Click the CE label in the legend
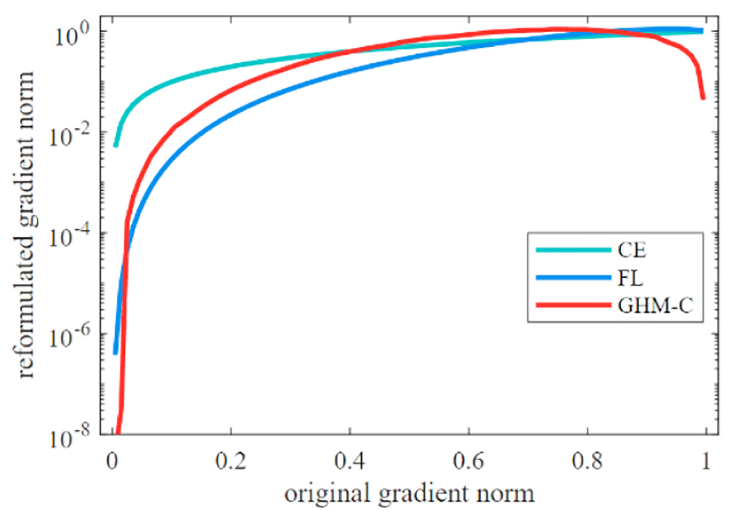[631, 250]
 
